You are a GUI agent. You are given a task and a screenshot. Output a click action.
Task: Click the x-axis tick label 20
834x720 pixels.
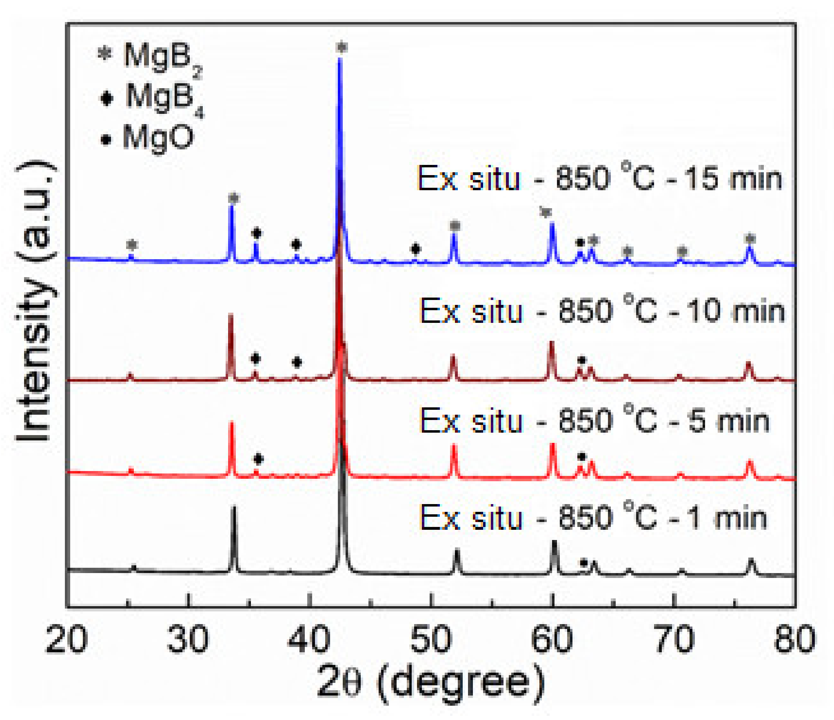pyautogui.click(x=67, y=640)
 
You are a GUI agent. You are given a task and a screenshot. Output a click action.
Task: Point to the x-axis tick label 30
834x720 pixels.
pyautogui.click(x=188, y=640)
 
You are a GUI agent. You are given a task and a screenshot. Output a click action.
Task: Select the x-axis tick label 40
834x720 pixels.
pyautogui.click(x=309, y=640)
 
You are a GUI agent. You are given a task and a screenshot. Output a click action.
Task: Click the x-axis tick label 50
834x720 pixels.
pyautogui.click(x=431, y=640)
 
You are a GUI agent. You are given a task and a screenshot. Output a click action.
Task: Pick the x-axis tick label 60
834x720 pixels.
pyautogui.click(x=552, y=640)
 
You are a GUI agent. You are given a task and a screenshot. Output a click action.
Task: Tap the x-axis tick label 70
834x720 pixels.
pyautogui.click(x=674, y=640)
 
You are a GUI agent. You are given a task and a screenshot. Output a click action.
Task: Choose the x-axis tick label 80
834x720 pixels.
pyautogui.click(x=794, y=640)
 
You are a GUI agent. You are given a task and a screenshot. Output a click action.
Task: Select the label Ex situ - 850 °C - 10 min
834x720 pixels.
pyautogui.click(x=602, y=311)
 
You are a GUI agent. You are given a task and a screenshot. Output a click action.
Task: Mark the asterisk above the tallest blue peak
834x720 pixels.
pyautogui.click(x=342, y=47)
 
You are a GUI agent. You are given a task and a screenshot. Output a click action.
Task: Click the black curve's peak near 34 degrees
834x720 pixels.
pyautogui.click(x=234, y=508)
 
